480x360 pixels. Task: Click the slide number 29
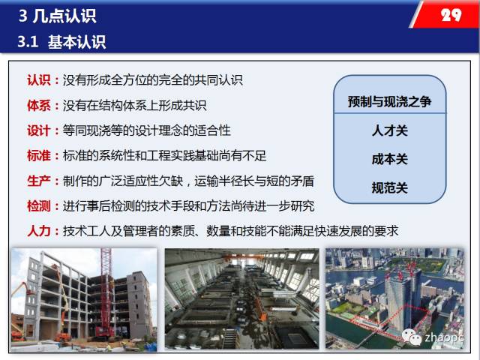[x=451, y=15]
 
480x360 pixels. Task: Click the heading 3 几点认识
[x=58, y=16]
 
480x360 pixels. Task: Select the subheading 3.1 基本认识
[x=61, y=42]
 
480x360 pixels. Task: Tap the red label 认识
[x=39, y=80]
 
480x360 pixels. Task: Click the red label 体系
[x=39, y=106]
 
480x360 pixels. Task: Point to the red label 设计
[x=39, y=130]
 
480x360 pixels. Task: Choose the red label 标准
[x=39, y=156]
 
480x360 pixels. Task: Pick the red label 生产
[x=39, y=181]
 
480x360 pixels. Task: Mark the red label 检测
[x=39, y=206]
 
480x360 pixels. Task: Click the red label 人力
[x=39, y=231]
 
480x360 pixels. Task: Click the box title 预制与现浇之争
[x=390, y=101]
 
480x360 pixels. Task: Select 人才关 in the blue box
[x=390, y=130]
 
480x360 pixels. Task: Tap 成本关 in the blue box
[x=390, y=159]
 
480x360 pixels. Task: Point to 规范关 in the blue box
[x=390, y=187]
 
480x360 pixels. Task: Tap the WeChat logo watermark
[x=412, y=337]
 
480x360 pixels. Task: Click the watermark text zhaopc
[x=443, y=338]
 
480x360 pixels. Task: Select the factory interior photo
[x=241, y=298]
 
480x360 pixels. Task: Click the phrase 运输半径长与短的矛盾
[x=254, y=181]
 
